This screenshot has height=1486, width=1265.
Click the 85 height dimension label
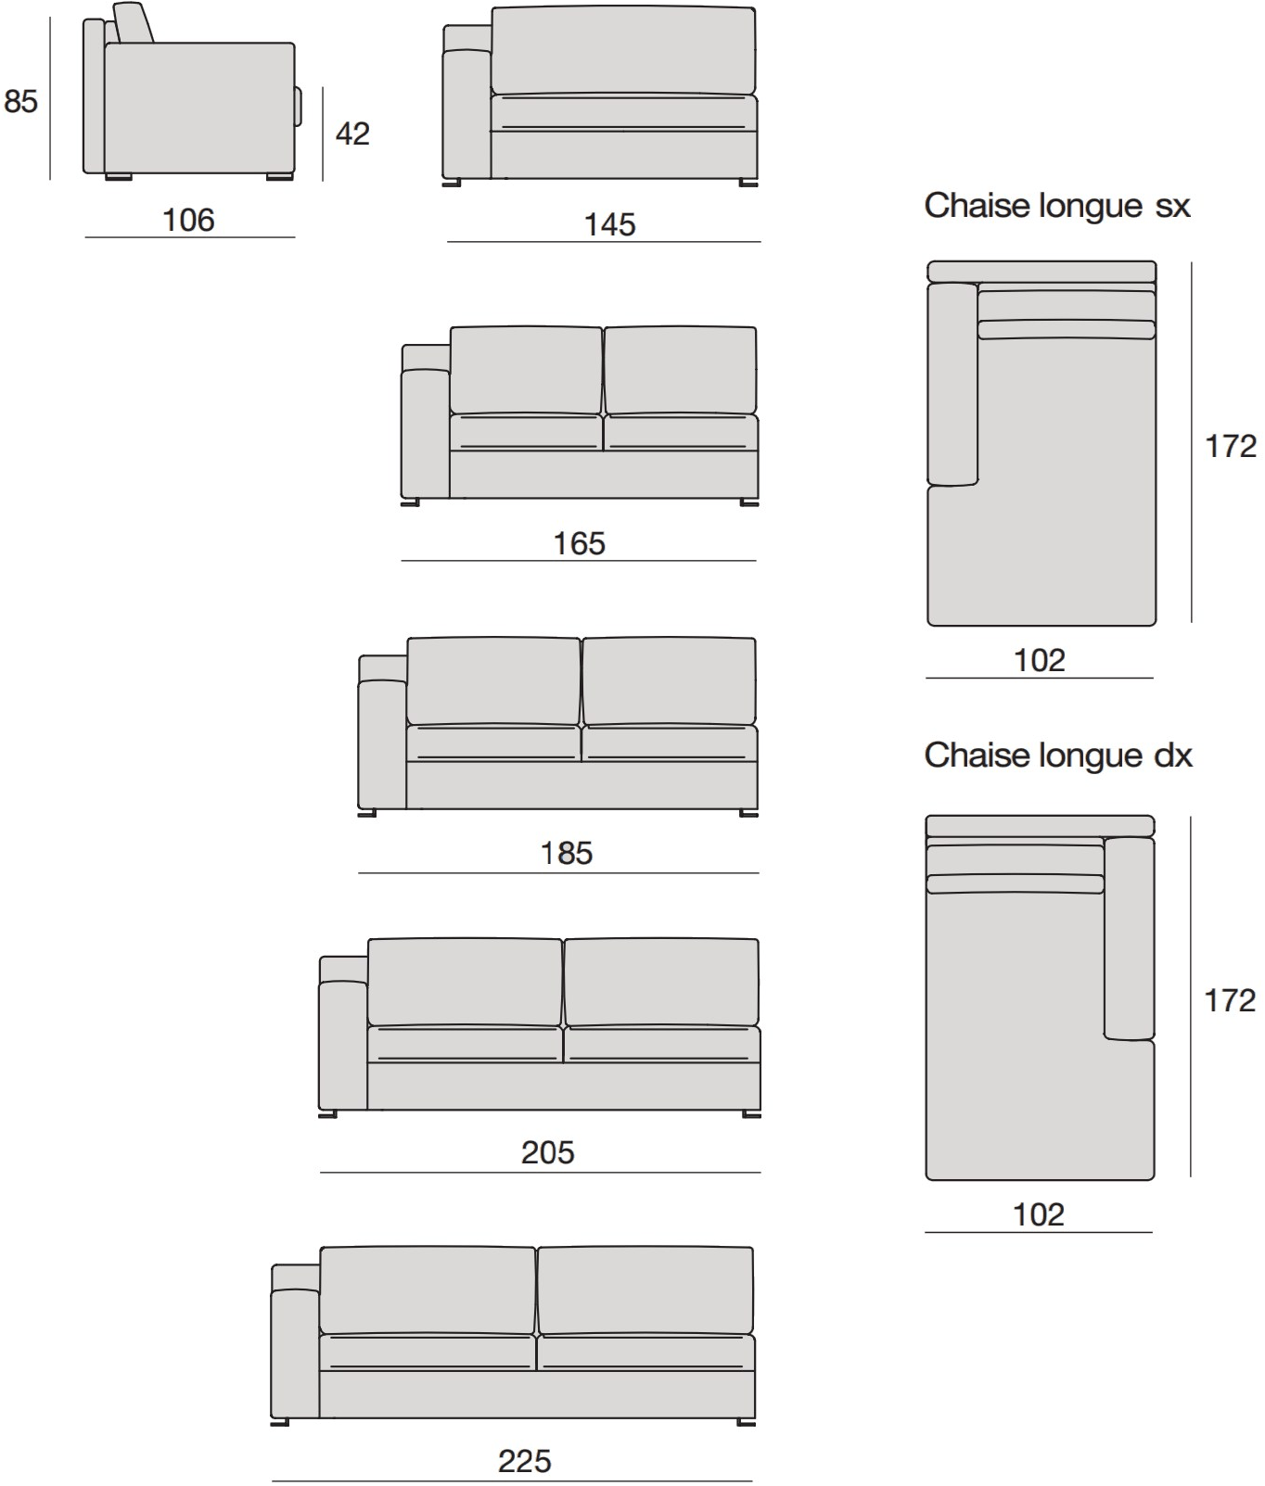point(20,100)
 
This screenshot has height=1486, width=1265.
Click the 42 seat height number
point(352,133)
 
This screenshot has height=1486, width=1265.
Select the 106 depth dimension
point(188,220)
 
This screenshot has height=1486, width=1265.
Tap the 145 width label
point(610,224)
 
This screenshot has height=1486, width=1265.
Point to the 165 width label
point(580,543)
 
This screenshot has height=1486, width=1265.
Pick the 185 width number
point(567,853)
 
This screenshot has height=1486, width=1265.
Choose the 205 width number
point(548,1152)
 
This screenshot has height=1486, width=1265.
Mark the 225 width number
point(525,1461)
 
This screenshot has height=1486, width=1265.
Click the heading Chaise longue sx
point(1057,206)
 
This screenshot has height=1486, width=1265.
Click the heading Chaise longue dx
point(1058,756)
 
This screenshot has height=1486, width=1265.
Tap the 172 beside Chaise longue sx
point(1231,446)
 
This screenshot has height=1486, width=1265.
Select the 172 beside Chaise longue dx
point(1230,1000)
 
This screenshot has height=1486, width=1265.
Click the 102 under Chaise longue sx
point(1040,660)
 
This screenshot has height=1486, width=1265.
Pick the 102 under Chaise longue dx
point(1039,1214)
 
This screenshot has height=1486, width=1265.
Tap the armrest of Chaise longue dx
point(1130,938)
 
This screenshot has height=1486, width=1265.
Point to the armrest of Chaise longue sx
point(952,384)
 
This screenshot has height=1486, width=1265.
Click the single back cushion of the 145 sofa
point(623,51)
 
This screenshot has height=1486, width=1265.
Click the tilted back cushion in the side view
point(134,23)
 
